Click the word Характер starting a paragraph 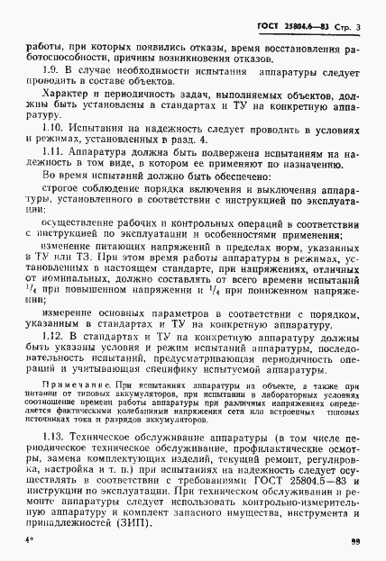(x=66, y=94)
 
